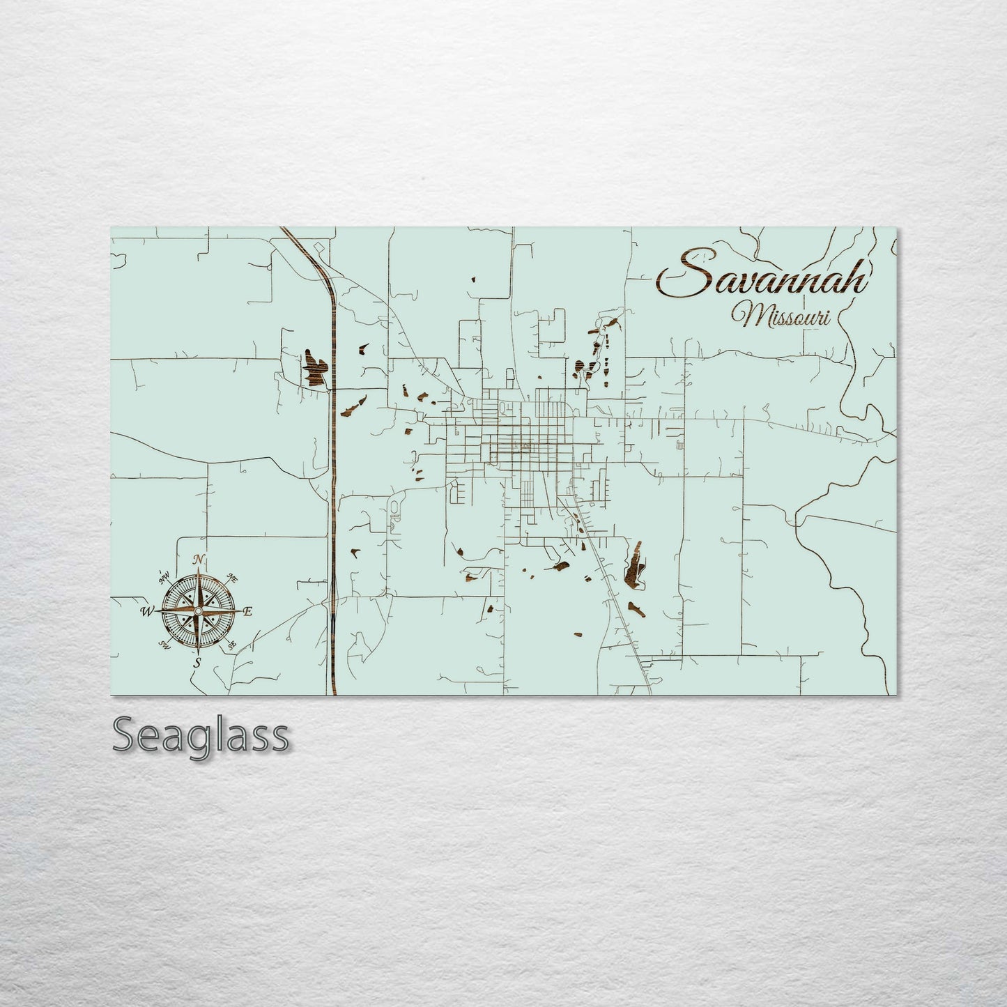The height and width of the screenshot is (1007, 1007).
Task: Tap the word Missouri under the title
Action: tap(786, 316)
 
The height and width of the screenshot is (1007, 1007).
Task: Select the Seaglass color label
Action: tap(200, 735)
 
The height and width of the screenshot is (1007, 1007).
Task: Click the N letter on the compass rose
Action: tap(200, 560)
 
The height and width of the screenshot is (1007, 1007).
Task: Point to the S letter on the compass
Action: tap(198, 663)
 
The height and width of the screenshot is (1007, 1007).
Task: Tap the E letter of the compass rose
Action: tap(248, 611)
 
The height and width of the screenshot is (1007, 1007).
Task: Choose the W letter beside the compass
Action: tap(147, 612)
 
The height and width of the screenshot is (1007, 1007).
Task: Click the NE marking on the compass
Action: tap(233, 578)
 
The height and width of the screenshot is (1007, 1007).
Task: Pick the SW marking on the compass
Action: tap(165, 644)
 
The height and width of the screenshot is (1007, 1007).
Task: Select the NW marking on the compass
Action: tap(165, 577)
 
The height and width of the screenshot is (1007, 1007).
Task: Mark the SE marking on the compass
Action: tap(233, 645)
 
